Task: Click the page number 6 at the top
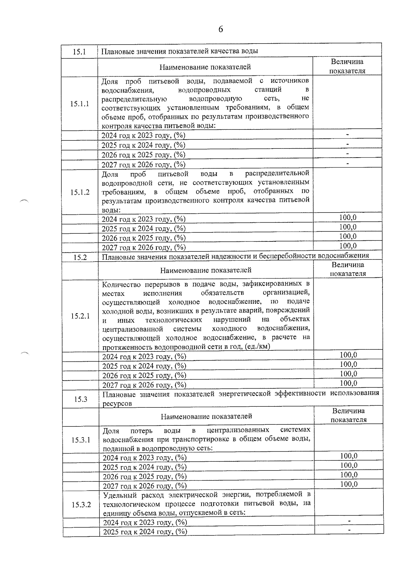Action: tap(221, 30)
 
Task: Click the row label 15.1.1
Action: tap(80, 104)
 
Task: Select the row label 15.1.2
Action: tap(80, 192)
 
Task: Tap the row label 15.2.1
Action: tap(80, 316)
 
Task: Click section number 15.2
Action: tap(80, 258)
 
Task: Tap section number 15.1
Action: tap(79, 52)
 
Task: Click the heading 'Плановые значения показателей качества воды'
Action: tap(180, 51)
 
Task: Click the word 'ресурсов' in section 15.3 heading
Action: tap(117, 404)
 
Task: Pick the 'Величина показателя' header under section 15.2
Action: tap(348, 269)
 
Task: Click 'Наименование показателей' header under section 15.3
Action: tap(206, 416)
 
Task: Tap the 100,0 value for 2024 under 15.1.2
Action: tap(348, 218)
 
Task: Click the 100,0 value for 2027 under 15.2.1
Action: tap(348, 383)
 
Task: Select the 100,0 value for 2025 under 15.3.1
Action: tap(349, 465)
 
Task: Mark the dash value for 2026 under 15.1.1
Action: tap(348, 154)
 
